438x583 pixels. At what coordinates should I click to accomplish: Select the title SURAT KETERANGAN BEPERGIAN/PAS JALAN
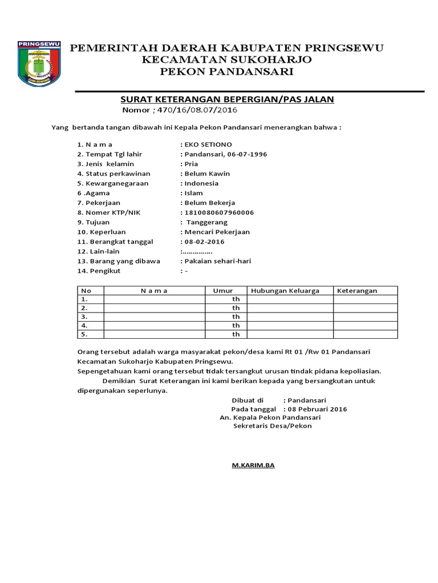coord(226,100)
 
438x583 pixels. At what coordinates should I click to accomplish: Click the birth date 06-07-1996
coord(246,154)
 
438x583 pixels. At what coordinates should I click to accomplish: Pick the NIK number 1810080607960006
coord(218,212)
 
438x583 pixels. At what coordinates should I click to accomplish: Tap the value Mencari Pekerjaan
coord(217,232)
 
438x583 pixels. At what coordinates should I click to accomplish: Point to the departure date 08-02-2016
coord(204,241)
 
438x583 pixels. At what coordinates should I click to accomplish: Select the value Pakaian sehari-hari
coord(217,261)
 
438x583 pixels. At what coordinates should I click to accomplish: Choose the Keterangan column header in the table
coord(357,290)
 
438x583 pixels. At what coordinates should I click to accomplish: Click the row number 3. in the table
coord(84,316)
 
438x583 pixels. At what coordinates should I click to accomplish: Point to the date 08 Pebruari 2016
coord(317,409)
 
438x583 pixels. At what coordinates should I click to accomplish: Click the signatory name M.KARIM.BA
coord(253,465)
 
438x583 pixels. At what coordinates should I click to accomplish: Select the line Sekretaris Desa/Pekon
coord(273,426)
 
